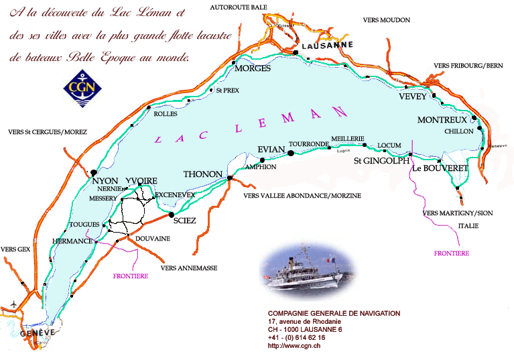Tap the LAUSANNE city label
327,46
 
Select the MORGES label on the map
253,68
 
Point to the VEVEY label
412,97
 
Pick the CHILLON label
458,131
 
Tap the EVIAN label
272,150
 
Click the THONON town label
202,174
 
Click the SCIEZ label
184,221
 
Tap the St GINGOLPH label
381,160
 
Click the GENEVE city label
36,333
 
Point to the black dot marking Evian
291,154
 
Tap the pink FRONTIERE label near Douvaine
131,276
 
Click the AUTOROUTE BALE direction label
239,7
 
